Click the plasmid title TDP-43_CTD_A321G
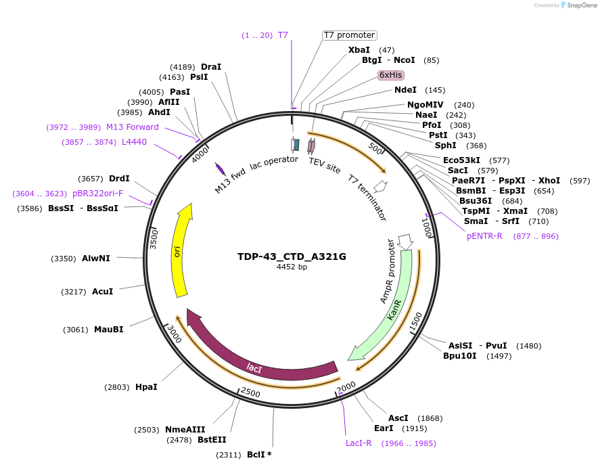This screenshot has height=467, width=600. click(x=292, y=257)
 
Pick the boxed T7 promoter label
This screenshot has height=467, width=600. click(x=349, y=35)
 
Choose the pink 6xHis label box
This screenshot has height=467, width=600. click(x=391, y=75)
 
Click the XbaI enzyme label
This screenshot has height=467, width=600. click(x=359, y=50)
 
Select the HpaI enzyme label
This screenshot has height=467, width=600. click(x=146, y=387)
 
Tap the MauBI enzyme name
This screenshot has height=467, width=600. click(x=108, y=330)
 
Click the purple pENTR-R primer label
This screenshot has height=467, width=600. click(x=484, y=236)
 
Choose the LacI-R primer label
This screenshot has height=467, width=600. click(x=359, y=443)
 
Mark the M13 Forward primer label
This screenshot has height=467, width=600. click(x=133, y=127)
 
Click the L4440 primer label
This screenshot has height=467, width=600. click(x=134, y=142)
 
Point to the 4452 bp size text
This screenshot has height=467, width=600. click(x=292, y=267)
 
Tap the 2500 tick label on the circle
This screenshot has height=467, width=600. click(x=250, y=393)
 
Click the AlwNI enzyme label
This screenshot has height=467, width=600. click(x=96, y=259)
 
